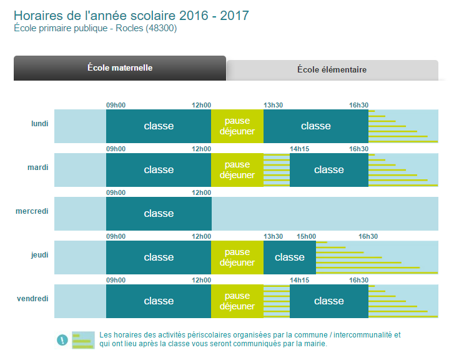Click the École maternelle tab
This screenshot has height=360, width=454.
click(120, 68)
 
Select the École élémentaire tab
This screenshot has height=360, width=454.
click(332, 70)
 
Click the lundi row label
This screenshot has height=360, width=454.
click(39, 124)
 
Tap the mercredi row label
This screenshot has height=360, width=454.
click(32, 211)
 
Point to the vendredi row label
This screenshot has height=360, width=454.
click(32, 299)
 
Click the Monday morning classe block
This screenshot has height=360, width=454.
click(159, 126)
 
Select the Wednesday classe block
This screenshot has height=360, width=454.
click(159, 214)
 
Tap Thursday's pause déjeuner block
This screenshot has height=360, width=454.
click(237, 257)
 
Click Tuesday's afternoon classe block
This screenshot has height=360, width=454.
click(329, 170)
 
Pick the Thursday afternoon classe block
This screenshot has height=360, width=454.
click(290, 257)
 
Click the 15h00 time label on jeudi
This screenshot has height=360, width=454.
click(306, 237)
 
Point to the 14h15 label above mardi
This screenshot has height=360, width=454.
click(299, 149)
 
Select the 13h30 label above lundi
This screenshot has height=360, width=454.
click(273, 106)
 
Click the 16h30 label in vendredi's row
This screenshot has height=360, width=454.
click(358, 281)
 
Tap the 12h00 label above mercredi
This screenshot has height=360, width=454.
click(202, 193)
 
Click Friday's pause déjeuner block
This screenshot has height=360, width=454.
click(237, 301)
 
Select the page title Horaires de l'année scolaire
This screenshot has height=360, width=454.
click(131, 15)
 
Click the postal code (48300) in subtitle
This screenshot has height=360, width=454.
click(162, 29)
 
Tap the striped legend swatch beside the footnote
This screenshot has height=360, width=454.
click(83, 340)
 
